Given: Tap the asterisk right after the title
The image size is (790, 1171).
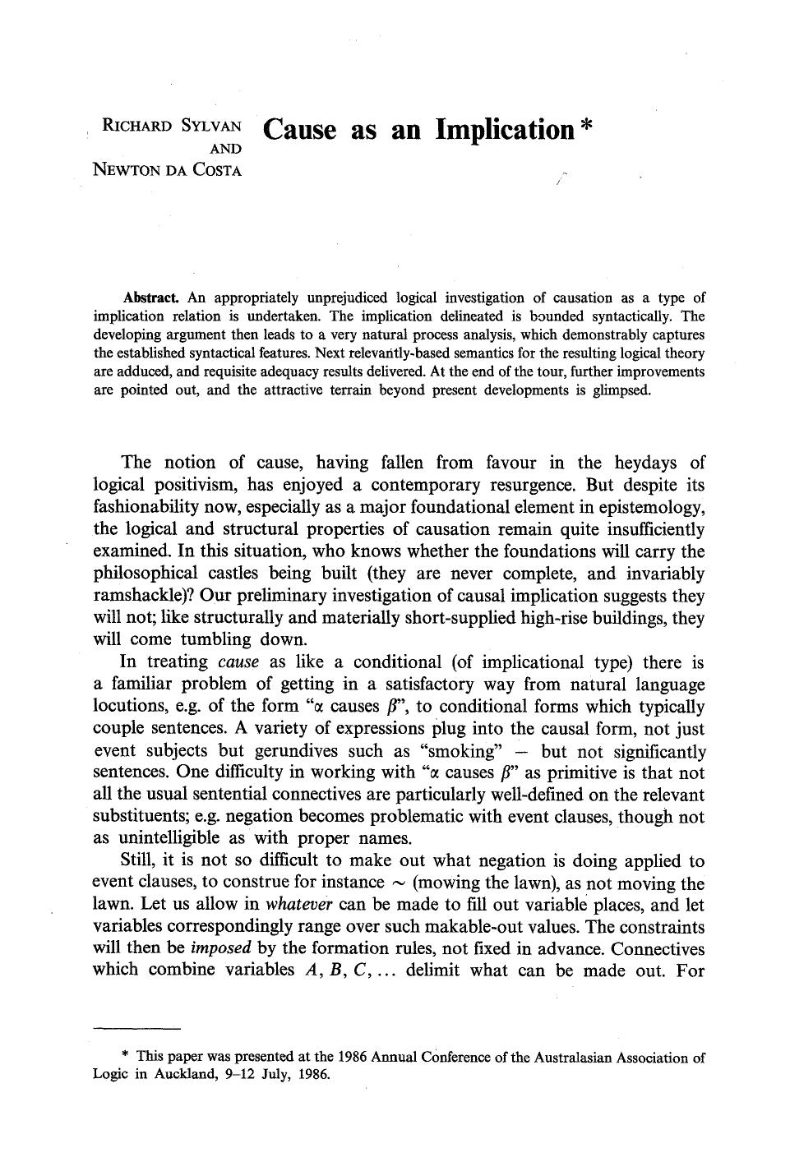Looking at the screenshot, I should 584,128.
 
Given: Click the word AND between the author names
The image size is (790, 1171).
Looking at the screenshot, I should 226,148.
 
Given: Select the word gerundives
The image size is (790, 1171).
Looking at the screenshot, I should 294,751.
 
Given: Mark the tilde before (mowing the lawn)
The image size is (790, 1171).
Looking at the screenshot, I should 399,884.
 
